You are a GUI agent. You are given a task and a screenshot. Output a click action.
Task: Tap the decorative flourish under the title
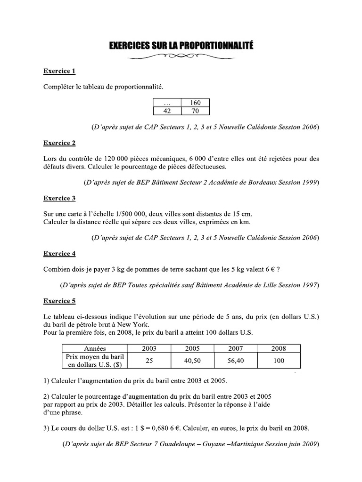tap(181, 58)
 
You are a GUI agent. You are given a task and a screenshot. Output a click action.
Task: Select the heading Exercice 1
tap(59, 71)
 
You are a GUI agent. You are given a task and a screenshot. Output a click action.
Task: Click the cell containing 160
tap(195, 103)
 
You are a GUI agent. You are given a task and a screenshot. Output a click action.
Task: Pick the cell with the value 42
tap(167, 111)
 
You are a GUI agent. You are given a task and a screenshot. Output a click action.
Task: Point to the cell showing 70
tap(195, 111)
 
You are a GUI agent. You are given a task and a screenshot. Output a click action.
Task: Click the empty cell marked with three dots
tap(167, 103)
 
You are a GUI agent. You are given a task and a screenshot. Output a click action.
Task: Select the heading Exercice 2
tap(59, 143)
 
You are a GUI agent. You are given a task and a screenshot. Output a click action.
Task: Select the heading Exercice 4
tap(59, 253)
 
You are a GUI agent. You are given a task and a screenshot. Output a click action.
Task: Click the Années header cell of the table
tap(95, 348)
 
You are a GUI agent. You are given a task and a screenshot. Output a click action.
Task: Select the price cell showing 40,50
tap(192, 361)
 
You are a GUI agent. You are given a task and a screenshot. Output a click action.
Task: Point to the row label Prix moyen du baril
tap(95, 357)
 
